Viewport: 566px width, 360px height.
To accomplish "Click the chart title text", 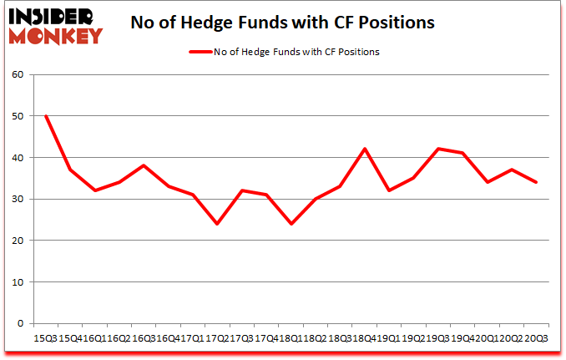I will coord(282,23).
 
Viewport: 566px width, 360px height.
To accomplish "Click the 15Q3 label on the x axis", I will coord(46,339).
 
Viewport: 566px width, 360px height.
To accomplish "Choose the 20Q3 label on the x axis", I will coord(536,339).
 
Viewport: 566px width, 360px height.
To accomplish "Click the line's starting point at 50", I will coord(46,116).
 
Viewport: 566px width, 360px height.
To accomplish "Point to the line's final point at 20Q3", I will coord(536,182).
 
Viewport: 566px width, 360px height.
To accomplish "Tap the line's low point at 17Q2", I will coord(217,224).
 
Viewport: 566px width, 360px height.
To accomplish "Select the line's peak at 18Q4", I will coord(364,150).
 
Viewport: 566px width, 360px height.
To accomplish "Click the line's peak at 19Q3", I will coord(437,150).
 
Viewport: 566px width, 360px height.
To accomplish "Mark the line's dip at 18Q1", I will coord(291,224).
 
